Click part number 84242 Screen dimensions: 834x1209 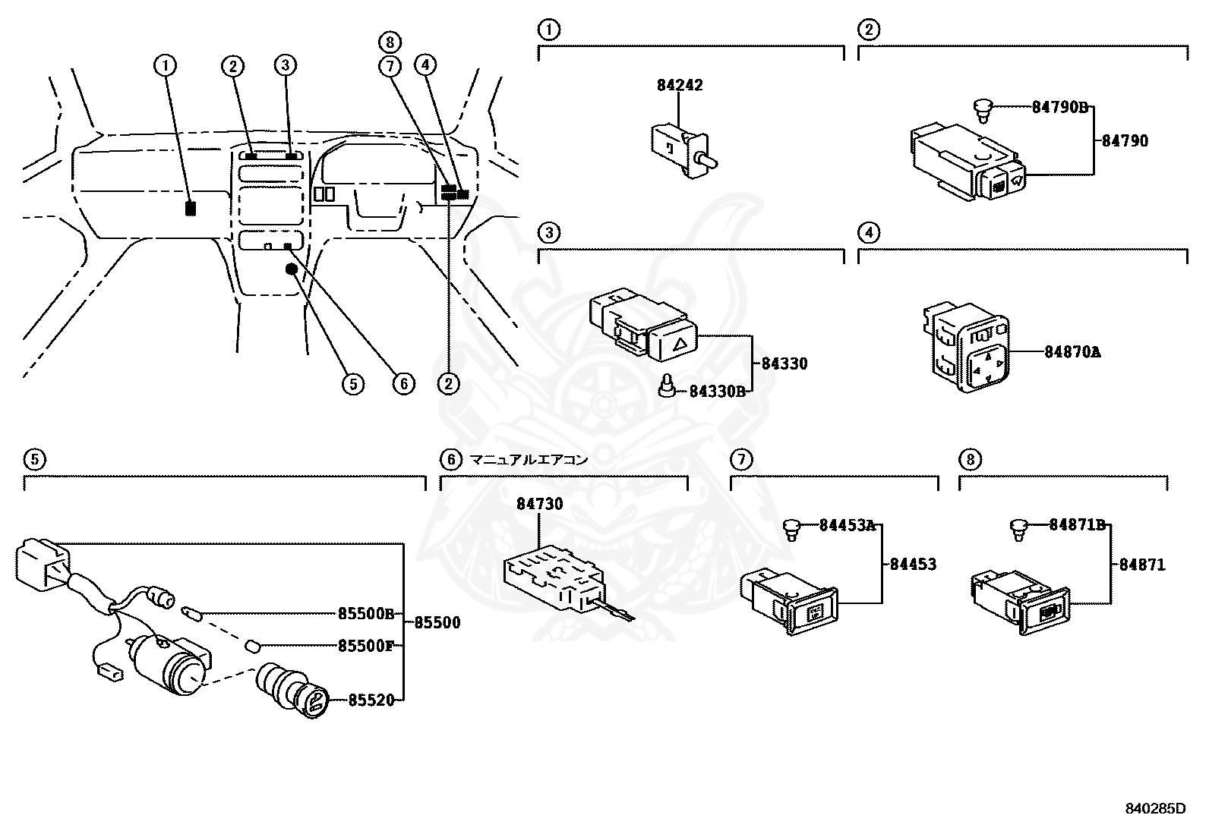click(x=680, y=85)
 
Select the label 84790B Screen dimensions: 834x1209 click(x=1060, y=107)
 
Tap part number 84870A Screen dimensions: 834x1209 click(x=1072, y=352)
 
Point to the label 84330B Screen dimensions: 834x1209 click(x=717, y=391)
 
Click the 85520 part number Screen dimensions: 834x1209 click(x=371, y=700)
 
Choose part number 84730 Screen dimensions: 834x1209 click(x=540, y=504)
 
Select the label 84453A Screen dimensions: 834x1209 click(x=847, y=525)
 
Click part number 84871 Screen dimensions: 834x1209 click(x=1141, y=565)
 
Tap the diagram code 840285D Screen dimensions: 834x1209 click(x=1154, y=808)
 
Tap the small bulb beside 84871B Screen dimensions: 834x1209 click(x=1020, y=528)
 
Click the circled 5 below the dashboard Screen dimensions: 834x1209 click(x=352, y=384)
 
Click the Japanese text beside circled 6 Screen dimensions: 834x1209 click(x=529, y=459)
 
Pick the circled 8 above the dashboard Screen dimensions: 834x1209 click(x=390, y=42)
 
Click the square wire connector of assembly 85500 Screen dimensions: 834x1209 click(x=39, y=563)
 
